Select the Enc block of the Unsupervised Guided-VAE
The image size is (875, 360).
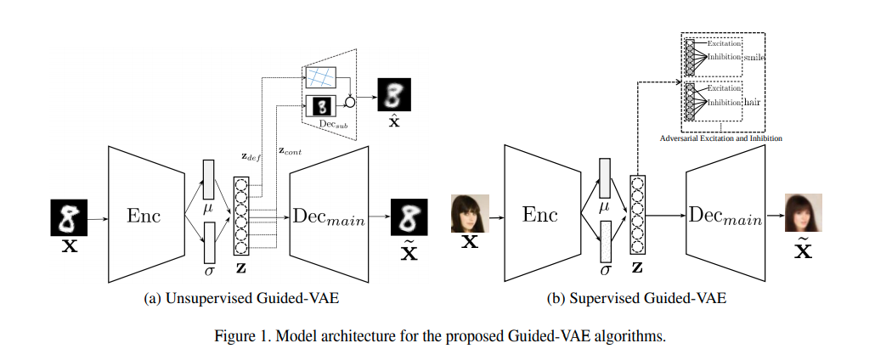click(x=144, y=216)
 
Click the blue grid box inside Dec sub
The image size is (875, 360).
click(x=322, y=77)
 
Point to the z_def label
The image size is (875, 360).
click(x=253, y=158)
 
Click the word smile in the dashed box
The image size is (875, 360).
click(x=755, y=57)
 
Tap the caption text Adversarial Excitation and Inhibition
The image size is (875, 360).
click(x=721, y=137)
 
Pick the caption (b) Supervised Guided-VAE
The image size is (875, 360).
click(x=636, y=299)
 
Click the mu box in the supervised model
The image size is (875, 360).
click(x=605, y=183)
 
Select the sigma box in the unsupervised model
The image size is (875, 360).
click(x=207, y=241)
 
